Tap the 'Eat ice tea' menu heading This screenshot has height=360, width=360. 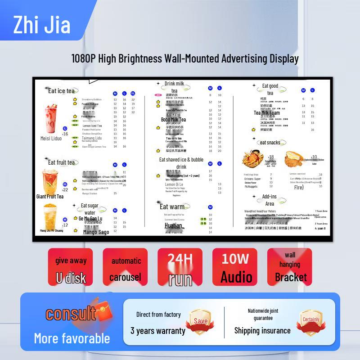[x=61, y=91]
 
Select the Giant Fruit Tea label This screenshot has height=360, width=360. [x=50, y=196]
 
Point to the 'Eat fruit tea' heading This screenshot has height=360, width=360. [x=62, y=162]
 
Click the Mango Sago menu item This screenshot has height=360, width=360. [x=96, y=232]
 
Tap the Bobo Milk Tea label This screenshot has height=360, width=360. [x=173, y=120]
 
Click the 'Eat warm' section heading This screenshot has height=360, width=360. [x=172, y=207]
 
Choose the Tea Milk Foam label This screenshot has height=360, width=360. [x=267, y=113]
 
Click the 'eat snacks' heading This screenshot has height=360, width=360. [x=270, y=143]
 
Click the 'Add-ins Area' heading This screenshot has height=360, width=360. [x=270, y=200]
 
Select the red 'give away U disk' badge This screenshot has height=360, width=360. [x=71, y=267]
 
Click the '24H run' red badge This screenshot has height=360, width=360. [x=180, y=267]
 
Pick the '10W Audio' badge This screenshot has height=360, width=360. [x=235, y=267]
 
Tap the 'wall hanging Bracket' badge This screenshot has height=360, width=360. [x=290, y=267]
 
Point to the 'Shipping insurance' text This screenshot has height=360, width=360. [x=262, y=331]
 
